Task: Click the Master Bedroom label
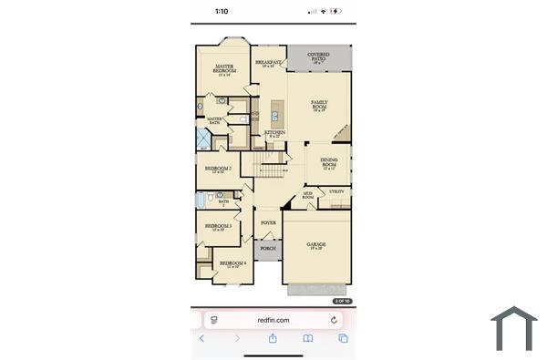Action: tap(225, 68)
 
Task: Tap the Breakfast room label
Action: tap(269, 64)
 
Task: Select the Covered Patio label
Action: tap(319, 57)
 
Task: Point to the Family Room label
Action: tap(319, 105)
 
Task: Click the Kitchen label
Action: tap(274, 134)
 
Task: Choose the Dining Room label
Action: tap(329, 164)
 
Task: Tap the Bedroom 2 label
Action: tap(218, 170)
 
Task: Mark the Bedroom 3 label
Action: tap(218, 226)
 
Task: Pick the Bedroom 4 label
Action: tap(232, 264)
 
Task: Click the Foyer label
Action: tap(268, 222)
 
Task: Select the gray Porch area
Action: tap(268, 249)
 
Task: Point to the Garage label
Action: tap(316, 246)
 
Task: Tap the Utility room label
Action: tap(337, 191)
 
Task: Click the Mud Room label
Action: tap(308, 195)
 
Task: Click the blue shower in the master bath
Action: tap(203, 139)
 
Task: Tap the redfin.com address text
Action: tap(273, 320)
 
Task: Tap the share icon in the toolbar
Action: tap(273, 338)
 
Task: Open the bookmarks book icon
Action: tap(308, 338)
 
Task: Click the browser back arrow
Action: tap(202, 338)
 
